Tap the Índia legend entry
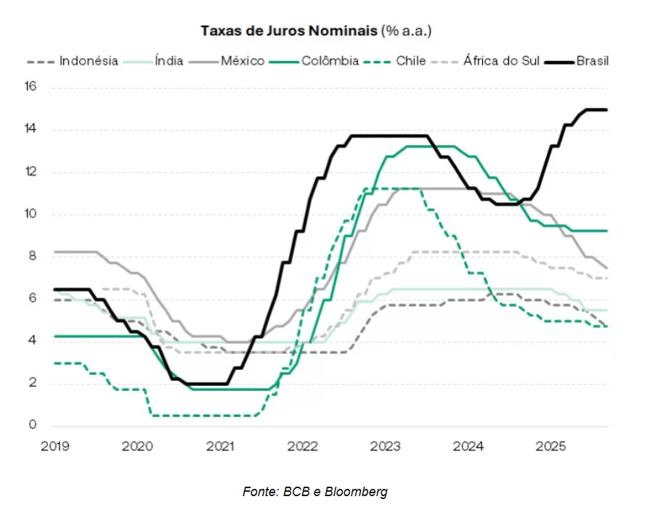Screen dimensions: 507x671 tap(168, 62)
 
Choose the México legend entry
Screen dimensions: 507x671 tap(243, 62)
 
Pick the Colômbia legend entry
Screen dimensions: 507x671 tap(330, 62)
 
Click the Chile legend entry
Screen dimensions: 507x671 tap(410, 62)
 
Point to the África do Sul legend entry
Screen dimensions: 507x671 tap(501, 62)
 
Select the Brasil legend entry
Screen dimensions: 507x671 tap(592, 62)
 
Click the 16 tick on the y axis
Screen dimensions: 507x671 tap(30, 87)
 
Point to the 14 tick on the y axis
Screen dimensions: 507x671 tap(30, 130)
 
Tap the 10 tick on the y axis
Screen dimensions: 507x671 tap(30, 215)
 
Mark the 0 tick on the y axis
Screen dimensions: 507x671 tap(33, 426)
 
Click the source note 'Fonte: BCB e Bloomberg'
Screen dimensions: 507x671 tap(314, 492)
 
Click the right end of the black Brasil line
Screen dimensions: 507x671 tap(606, 110)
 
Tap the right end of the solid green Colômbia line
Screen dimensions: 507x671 tap(606, 231)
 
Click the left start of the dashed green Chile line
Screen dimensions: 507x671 tap(55, 363)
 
